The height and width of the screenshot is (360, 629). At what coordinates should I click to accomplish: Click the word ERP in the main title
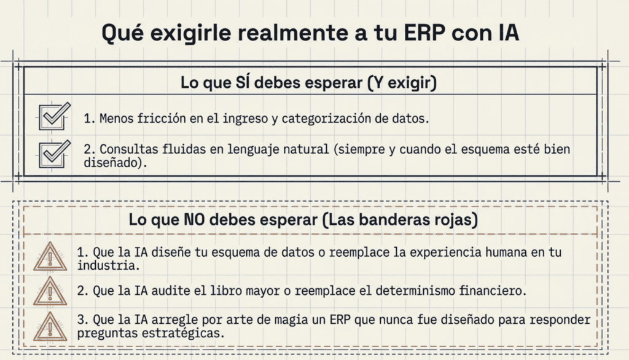pos(424,33)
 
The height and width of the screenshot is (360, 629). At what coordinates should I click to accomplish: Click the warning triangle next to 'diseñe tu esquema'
pos(50,256)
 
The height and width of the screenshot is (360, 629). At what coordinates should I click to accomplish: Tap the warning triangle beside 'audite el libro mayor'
pos(50,291)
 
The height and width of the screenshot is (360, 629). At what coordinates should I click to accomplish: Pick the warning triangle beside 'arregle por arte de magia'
pos(50,326)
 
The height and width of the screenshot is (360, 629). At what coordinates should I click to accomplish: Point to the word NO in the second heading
pos(194,219)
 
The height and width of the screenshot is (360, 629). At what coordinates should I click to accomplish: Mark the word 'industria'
pos(108,265)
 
